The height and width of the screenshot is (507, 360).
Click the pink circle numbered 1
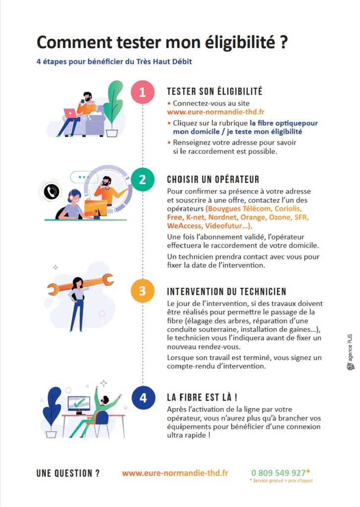point(143,92)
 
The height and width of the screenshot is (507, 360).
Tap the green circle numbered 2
point(142,179)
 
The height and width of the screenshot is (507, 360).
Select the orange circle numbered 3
point(142,291)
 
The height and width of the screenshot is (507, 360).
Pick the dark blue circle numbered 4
point(143,398)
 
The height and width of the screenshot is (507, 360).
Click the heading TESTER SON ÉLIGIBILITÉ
point(214,91)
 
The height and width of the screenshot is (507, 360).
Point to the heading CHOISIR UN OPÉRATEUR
point(213,179)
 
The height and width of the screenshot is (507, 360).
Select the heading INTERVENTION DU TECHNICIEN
point(226,291)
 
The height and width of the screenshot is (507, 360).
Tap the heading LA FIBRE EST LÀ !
point(202,397)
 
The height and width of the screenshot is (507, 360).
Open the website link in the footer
point(175,473)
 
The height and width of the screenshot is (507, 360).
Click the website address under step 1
point(216,112)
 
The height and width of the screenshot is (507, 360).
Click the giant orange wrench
point(80,284)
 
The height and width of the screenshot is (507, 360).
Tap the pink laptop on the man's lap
point(71,113)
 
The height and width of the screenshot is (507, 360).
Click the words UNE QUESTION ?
point(68,473)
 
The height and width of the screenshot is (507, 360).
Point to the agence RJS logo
point(351,352)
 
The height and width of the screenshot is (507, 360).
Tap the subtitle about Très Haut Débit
point(114,61)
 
